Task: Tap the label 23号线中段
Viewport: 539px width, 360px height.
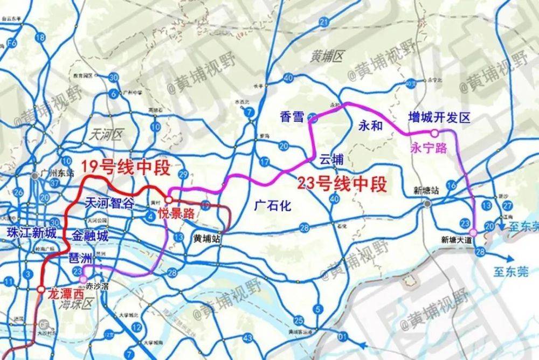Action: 342,185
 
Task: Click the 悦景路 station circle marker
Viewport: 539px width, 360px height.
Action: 168,200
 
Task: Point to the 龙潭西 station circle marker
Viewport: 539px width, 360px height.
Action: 41,289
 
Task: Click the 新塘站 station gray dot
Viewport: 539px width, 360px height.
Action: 427,204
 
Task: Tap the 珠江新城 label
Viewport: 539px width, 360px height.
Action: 31,233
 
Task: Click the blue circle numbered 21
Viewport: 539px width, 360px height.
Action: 324,22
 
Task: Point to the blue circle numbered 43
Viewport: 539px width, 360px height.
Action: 248,338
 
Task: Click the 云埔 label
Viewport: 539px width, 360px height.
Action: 331,160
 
